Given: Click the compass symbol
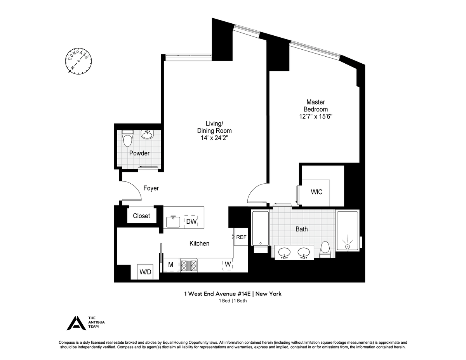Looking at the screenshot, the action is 78,61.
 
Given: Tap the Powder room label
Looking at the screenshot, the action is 139,153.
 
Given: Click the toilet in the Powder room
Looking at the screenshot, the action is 127,138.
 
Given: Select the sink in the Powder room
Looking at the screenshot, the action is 147,134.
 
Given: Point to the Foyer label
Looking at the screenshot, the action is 151,188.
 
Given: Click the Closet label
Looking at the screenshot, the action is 141,216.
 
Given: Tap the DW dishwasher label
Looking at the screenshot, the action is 191,221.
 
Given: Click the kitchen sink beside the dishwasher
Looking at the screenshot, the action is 173,221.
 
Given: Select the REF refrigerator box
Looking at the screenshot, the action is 241,237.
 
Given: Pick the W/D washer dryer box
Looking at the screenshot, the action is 145,272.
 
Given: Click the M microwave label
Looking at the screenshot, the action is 171,265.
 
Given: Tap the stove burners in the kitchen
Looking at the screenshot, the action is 189,266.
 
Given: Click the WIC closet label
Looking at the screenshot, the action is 316,192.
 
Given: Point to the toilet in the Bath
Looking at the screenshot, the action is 325,249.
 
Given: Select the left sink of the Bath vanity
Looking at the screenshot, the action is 284,252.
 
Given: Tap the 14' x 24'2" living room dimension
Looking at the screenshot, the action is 214,138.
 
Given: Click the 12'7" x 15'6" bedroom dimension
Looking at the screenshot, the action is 316,117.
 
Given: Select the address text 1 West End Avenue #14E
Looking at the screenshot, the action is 217,294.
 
